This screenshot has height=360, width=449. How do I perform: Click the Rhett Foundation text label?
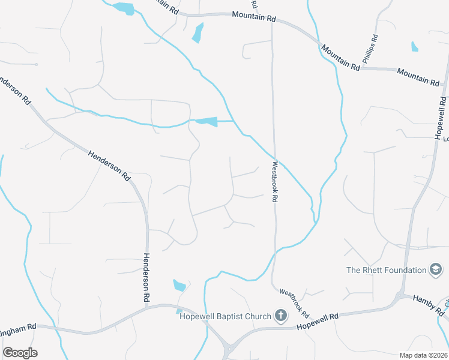386,270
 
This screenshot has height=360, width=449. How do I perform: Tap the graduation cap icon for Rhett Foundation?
436,270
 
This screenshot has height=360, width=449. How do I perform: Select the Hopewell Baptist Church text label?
225,316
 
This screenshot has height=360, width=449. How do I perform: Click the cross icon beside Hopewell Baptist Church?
280,316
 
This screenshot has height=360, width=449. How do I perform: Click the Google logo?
20,353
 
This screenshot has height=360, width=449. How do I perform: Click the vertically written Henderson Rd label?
146,277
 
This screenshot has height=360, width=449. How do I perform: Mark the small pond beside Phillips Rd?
415,46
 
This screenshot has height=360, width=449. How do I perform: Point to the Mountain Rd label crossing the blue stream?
339,58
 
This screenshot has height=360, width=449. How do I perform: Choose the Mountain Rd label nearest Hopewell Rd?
418,76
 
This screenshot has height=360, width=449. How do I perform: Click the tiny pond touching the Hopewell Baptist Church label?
179,311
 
